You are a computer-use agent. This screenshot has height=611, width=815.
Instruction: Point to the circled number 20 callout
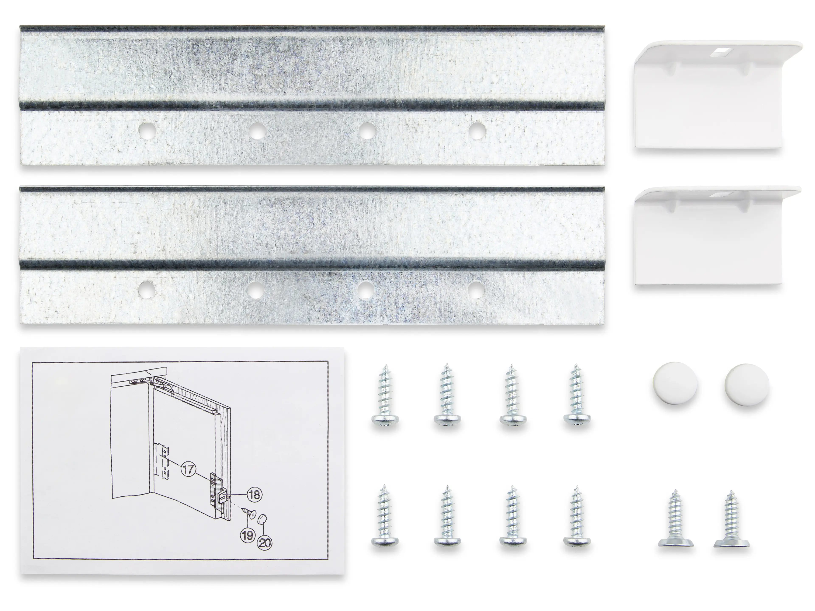tap(265, 542)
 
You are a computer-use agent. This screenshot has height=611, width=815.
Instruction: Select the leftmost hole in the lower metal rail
tap(147, 289)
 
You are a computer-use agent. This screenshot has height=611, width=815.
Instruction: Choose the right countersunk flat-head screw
tap(732, 519)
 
